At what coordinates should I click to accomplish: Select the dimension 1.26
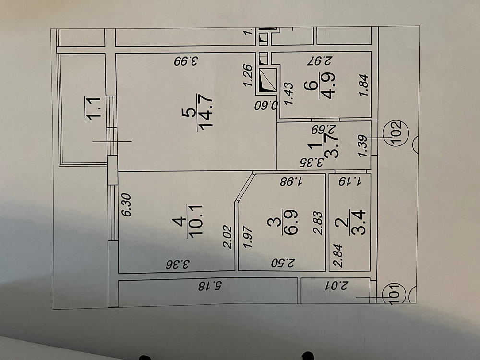[x=249, y=76]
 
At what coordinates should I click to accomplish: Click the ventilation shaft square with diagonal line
[x=268, y=81]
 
